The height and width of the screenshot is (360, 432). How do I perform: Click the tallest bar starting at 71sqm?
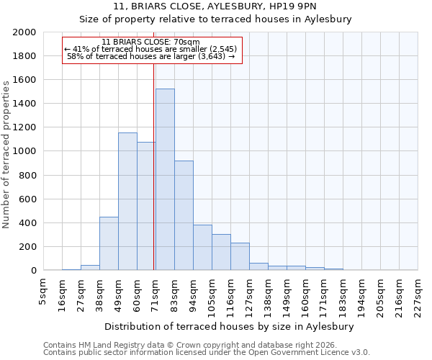pyautogui.click(x=165, y=179)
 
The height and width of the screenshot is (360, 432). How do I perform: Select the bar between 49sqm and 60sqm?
pyautogui.click(x=127, y=202)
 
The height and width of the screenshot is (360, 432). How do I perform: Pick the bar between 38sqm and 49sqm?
pyautogui.click(x=109, y=243)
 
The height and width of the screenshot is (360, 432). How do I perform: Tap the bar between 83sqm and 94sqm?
pyautogui.click(x=184, y=215)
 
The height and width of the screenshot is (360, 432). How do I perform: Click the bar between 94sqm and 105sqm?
pyautogui.click(x=202, y=248)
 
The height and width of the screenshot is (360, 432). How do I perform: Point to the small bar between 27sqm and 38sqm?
pyautogui.click(x=90, y=267)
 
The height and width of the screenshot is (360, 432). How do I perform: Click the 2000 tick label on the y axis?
pyautogui.click(x=24, y=32)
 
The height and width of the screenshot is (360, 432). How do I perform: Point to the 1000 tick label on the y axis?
pyautogui.click(x=24, y=152)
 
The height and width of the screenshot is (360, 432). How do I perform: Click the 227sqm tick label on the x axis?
pyautogui.click(x=418, y=295)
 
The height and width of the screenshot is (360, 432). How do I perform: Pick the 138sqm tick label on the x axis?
pyautogui.click(x=268, y=295)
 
